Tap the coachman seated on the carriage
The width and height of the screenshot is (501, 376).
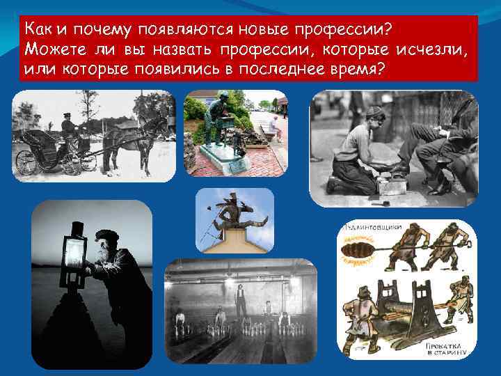coord(70,129)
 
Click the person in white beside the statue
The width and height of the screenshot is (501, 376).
coord(277,126)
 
